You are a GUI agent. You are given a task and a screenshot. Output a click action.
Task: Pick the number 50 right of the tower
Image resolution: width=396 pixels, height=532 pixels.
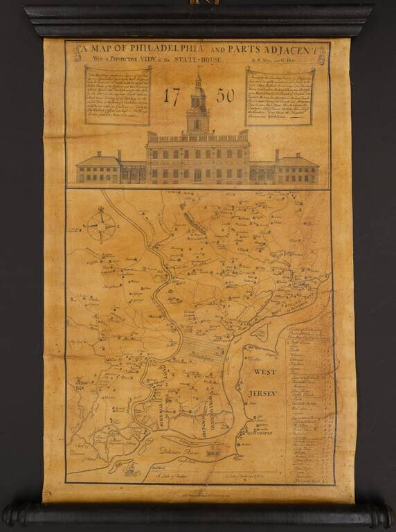pyautogui.click(x=226, y=98)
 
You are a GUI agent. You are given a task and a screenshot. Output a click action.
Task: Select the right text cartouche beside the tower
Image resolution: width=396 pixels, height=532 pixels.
pyautogui.click(x=280, y=95)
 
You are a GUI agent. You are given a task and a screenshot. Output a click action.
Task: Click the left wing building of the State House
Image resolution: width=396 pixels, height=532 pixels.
pyautogui.click(x=97, y=168)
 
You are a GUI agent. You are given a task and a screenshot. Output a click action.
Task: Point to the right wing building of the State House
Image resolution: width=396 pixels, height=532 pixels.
pyautogui.click(x=297, y=168)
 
